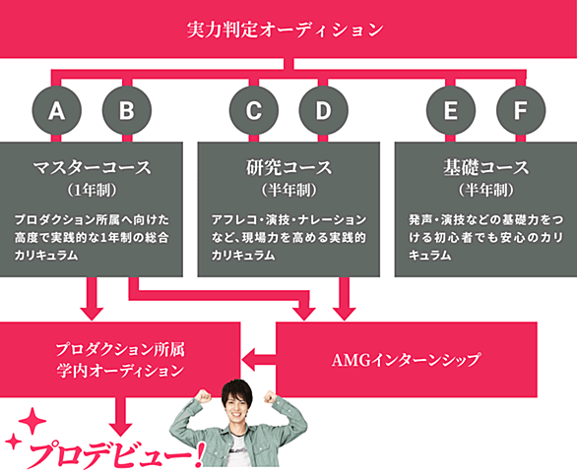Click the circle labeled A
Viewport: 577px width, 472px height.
click(x=56, y=110)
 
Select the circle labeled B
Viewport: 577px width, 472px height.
click(x=127, y=110)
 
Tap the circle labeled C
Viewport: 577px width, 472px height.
click(x=253, y=110)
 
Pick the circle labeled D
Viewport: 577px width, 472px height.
click(x=323, y=110)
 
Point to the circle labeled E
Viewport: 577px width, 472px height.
click(x=451, y=110)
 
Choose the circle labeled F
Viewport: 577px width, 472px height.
click(x=521, y=110)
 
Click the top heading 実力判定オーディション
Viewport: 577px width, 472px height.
click(x=285, y=29)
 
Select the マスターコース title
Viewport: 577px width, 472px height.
click(x=92, y=167)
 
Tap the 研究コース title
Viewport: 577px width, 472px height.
click(x=288, y=167)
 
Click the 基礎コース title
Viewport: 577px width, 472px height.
click(x=485, y=167)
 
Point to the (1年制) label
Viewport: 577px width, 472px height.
click(x=92, y=191)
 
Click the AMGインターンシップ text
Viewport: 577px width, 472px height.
click(x=406, y=360)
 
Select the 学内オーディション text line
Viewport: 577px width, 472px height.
click(x=120, y=371)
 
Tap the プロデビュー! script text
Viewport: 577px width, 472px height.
click(x=116, y=455)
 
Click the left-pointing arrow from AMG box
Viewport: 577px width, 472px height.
click(x=258, y=360)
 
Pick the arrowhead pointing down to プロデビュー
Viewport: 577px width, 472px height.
click(x=120, y=430)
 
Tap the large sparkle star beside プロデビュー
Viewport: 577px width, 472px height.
click(x=32, y=421)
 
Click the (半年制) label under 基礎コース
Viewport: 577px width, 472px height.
click(x=485, y=191)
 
